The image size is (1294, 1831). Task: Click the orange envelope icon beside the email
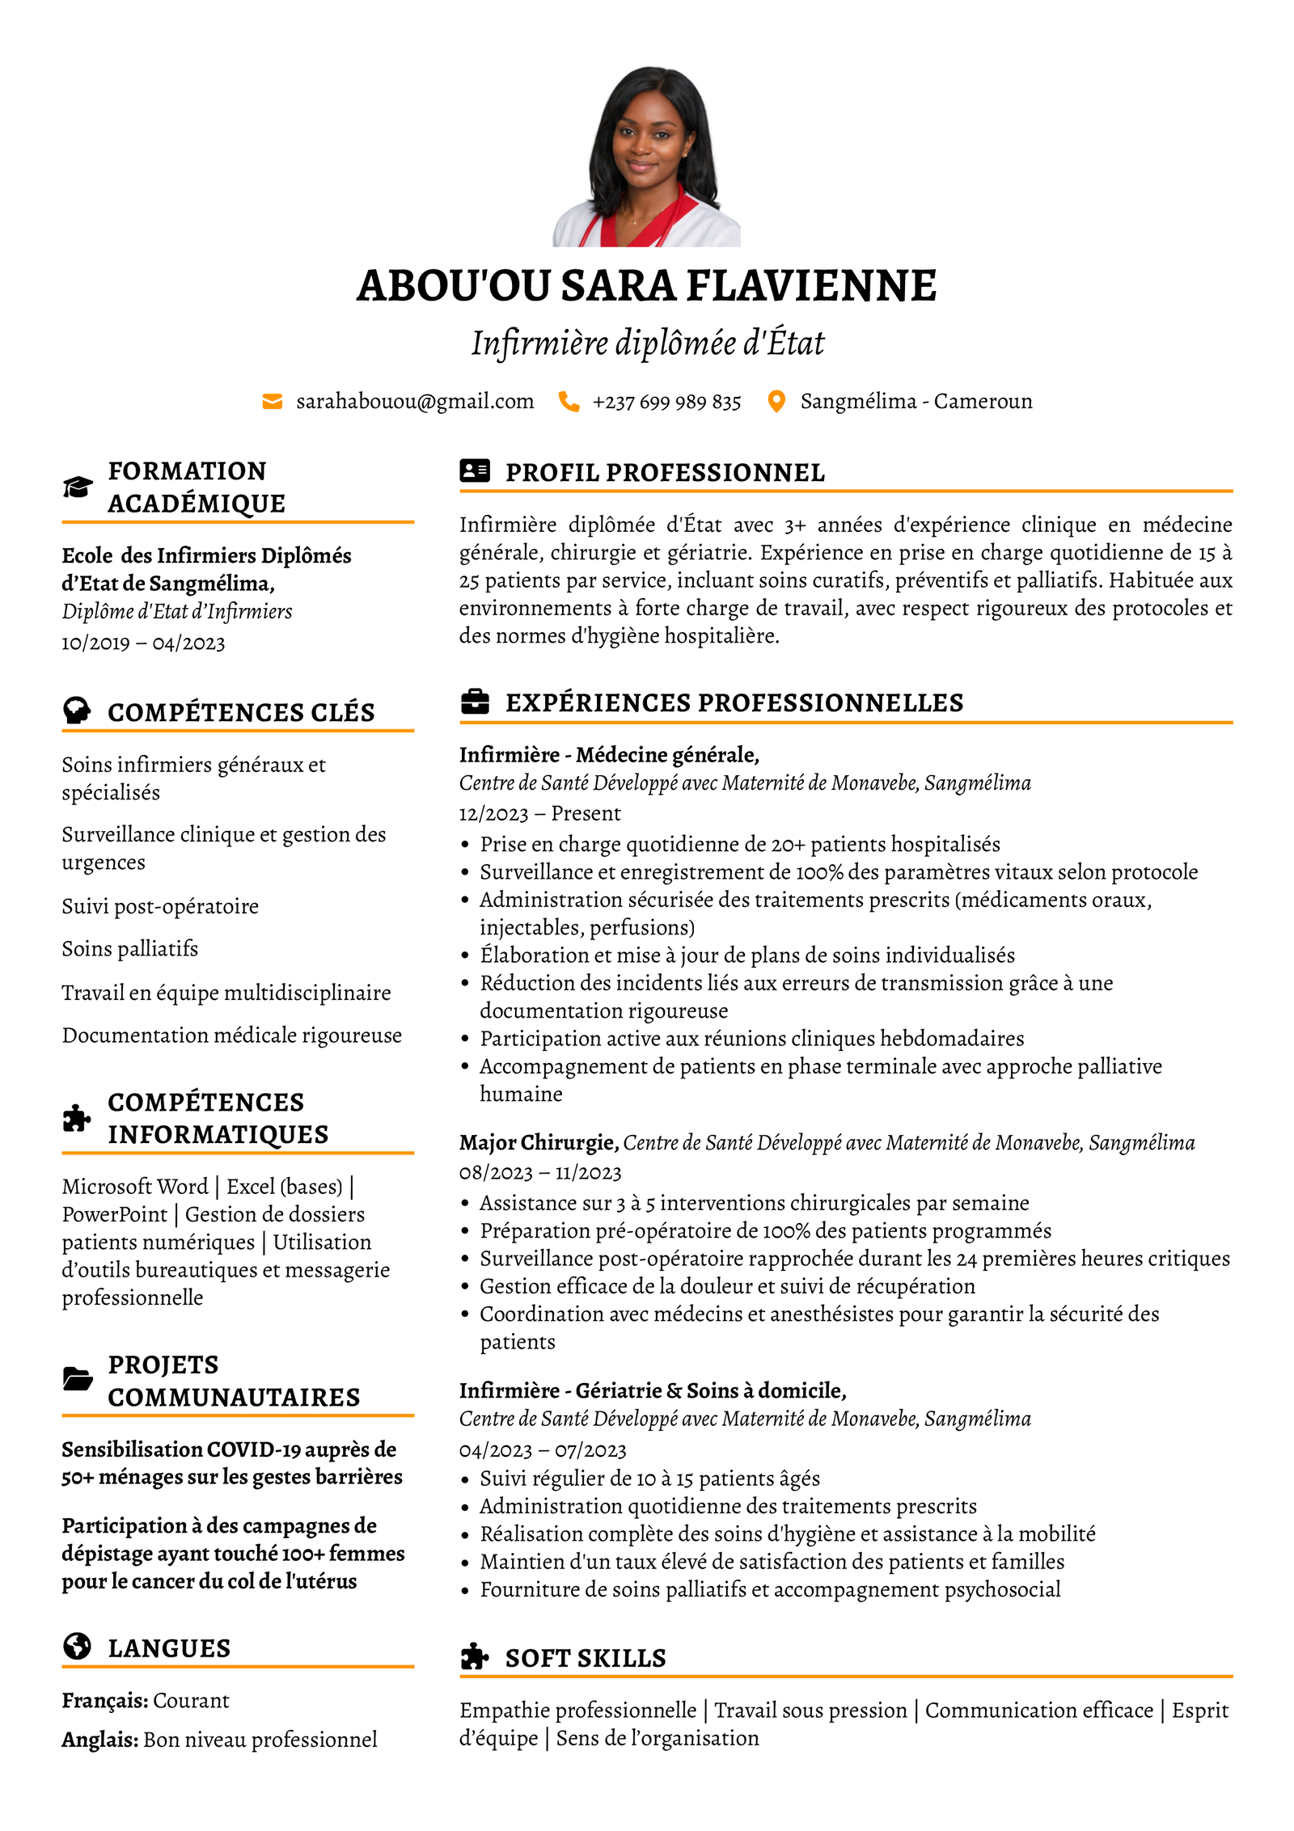coord(273,402)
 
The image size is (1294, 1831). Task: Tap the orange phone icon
coord(569,402)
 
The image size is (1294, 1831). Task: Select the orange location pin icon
coord(776,402)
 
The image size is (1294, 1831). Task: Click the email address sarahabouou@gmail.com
coord(415,402)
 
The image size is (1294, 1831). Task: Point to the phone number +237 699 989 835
coord(666,403)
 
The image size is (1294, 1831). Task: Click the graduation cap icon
coord(78,487)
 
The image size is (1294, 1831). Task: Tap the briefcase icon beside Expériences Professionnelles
coord(475,702)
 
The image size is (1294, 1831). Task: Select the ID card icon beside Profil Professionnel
coord(475,471)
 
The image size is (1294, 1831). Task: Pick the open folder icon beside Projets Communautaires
coord(78,1379)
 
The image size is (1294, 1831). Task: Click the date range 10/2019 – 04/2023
coord(143,643)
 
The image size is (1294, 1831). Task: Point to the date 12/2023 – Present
coord(539,813)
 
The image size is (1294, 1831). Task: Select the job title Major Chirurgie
coord(539,1142)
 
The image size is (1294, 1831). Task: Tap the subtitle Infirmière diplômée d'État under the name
coord(647,343)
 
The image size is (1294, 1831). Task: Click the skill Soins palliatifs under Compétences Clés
coord(130,948)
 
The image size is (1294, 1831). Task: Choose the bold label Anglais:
coord(100,1740)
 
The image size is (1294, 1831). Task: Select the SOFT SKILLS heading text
coord(586,1658)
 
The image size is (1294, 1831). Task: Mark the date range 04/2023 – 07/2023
coord(543,1450)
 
